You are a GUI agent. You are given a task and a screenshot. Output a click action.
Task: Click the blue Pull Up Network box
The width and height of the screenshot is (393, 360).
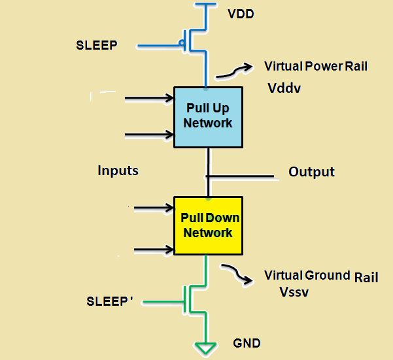point(208,116)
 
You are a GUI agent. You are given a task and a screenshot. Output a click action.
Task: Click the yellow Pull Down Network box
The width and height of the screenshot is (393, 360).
point(208,226)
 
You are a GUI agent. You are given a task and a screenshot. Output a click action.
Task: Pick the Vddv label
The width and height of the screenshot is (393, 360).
point(284,88)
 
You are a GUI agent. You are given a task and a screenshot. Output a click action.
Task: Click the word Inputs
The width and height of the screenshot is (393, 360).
point(118,171)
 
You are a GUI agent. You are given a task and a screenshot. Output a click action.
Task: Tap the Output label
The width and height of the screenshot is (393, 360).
point(311,172)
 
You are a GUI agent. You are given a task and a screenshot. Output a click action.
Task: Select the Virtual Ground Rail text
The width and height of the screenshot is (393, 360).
point(320,276)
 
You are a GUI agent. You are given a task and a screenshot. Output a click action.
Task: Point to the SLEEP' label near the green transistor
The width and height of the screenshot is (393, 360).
point(110,301)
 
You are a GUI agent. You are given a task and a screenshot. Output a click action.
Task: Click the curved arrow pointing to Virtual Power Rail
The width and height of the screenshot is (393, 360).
point(234,71)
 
